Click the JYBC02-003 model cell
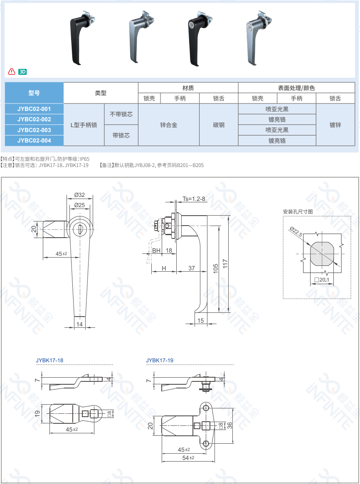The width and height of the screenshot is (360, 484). tap(34, 130)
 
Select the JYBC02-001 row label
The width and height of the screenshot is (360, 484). tap(34, 109)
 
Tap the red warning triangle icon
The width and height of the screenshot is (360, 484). tap(11, 71)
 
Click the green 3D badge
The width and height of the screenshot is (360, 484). tap(22, 72)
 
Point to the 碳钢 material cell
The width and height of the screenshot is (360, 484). tap(219, 125)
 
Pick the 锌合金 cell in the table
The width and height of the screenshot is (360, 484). tap(169, 125)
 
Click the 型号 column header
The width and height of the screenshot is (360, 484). tap(34, 93)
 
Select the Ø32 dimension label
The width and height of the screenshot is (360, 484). tap(79, 195)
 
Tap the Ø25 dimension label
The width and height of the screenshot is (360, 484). tap(79, 205)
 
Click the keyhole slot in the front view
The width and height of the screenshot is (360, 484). tap(80, 229)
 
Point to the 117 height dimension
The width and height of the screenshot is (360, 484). tap(225, 264)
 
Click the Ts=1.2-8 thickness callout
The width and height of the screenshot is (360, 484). tap(194, 199)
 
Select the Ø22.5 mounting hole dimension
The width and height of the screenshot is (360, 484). tap(296, 231)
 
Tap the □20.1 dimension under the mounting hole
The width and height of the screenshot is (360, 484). tap(322, 280)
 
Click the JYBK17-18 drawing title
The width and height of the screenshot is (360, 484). tap(49, 360)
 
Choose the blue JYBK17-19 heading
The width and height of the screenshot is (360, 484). tap(160, 360)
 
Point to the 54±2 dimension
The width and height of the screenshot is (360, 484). tap(188, 457)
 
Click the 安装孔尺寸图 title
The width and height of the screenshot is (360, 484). tap(298, 212)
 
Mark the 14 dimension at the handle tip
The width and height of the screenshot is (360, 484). tap(80, 324)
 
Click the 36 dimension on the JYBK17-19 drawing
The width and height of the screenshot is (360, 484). tap(230, 425)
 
